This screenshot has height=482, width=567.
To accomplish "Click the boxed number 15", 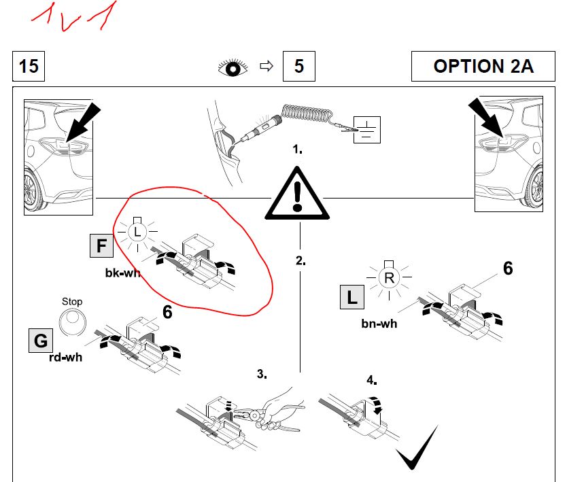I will (x=29, y=67).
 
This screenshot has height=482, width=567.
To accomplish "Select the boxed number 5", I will (x=298, y=67).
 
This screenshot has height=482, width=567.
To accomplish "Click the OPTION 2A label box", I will (x=483, y=67).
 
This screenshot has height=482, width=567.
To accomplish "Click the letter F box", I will (x=101, y=245).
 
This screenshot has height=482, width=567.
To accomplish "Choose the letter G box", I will (x=39, y=339).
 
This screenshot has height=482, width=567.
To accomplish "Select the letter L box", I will (x=351, y=296).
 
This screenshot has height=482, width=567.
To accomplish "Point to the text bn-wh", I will (x=379, y=323).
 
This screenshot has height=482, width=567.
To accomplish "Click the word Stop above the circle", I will (x=71, y=301).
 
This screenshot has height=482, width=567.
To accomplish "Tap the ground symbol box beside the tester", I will (x=367, y=130).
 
